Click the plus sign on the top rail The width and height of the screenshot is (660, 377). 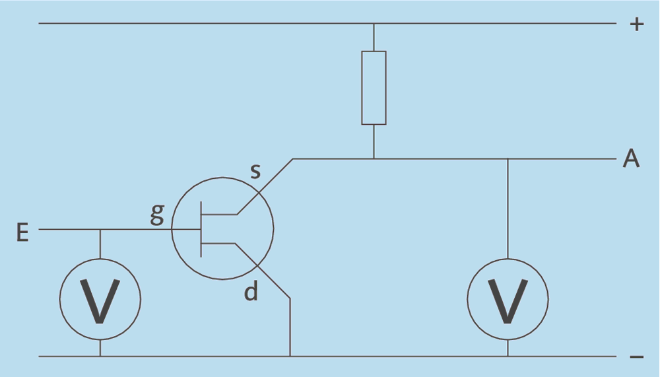click(636, 25)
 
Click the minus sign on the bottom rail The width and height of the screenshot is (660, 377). click(636, 357)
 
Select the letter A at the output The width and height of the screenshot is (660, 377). click(631, 159)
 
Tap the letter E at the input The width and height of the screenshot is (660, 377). click(22, 233)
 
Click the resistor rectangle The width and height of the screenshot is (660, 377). click(374, 87)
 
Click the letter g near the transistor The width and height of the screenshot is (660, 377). click(156, 215)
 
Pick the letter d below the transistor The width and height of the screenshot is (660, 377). click(251, 291)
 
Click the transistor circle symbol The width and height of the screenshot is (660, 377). click(223, 228)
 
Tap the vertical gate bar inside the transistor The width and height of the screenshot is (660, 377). click(201, 229)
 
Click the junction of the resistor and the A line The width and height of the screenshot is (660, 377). click(374, 159)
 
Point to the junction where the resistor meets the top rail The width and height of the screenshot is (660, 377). click(374, 24)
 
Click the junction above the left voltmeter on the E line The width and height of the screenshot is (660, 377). click(100, 229)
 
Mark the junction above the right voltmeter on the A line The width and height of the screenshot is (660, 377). click(508, 159)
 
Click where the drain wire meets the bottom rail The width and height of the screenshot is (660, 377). click(290, 357)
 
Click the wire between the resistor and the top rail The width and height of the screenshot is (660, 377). click(374, 38)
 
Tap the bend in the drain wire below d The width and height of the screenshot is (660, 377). click(290, 298)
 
